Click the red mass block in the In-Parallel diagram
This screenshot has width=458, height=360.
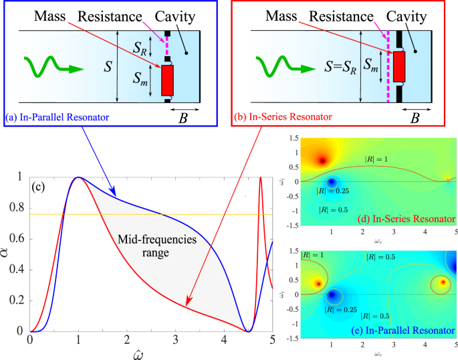(168, 80)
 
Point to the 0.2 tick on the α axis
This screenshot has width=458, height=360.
(21, 301)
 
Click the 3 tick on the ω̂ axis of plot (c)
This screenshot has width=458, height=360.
(176, 341)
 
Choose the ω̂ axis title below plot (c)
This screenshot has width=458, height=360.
(150, 353)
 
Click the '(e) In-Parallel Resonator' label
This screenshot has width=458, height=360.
(409, 330)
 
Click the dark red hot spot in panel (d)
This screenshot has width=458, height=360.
(322, 160)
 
